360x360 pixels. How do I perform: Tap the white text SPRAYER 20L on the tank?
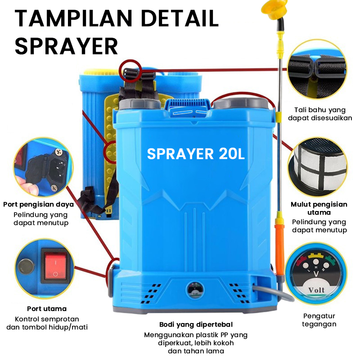point(196,153)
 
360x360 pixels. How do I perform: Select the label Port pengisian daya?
point(38,204)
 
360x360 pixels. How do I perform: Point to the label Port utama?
point(46,309)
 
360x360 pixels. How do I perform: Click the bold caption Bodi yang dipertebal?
point(196,324)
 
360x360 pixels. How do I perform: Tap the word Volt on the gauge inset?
point(317,289)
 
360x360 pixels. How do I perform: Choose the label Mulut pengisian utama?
point(319,208)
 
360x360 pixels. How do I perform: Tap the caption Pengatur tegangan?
point(319,320)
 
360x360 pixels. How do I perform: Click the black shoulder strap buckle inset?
point(317,67)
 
